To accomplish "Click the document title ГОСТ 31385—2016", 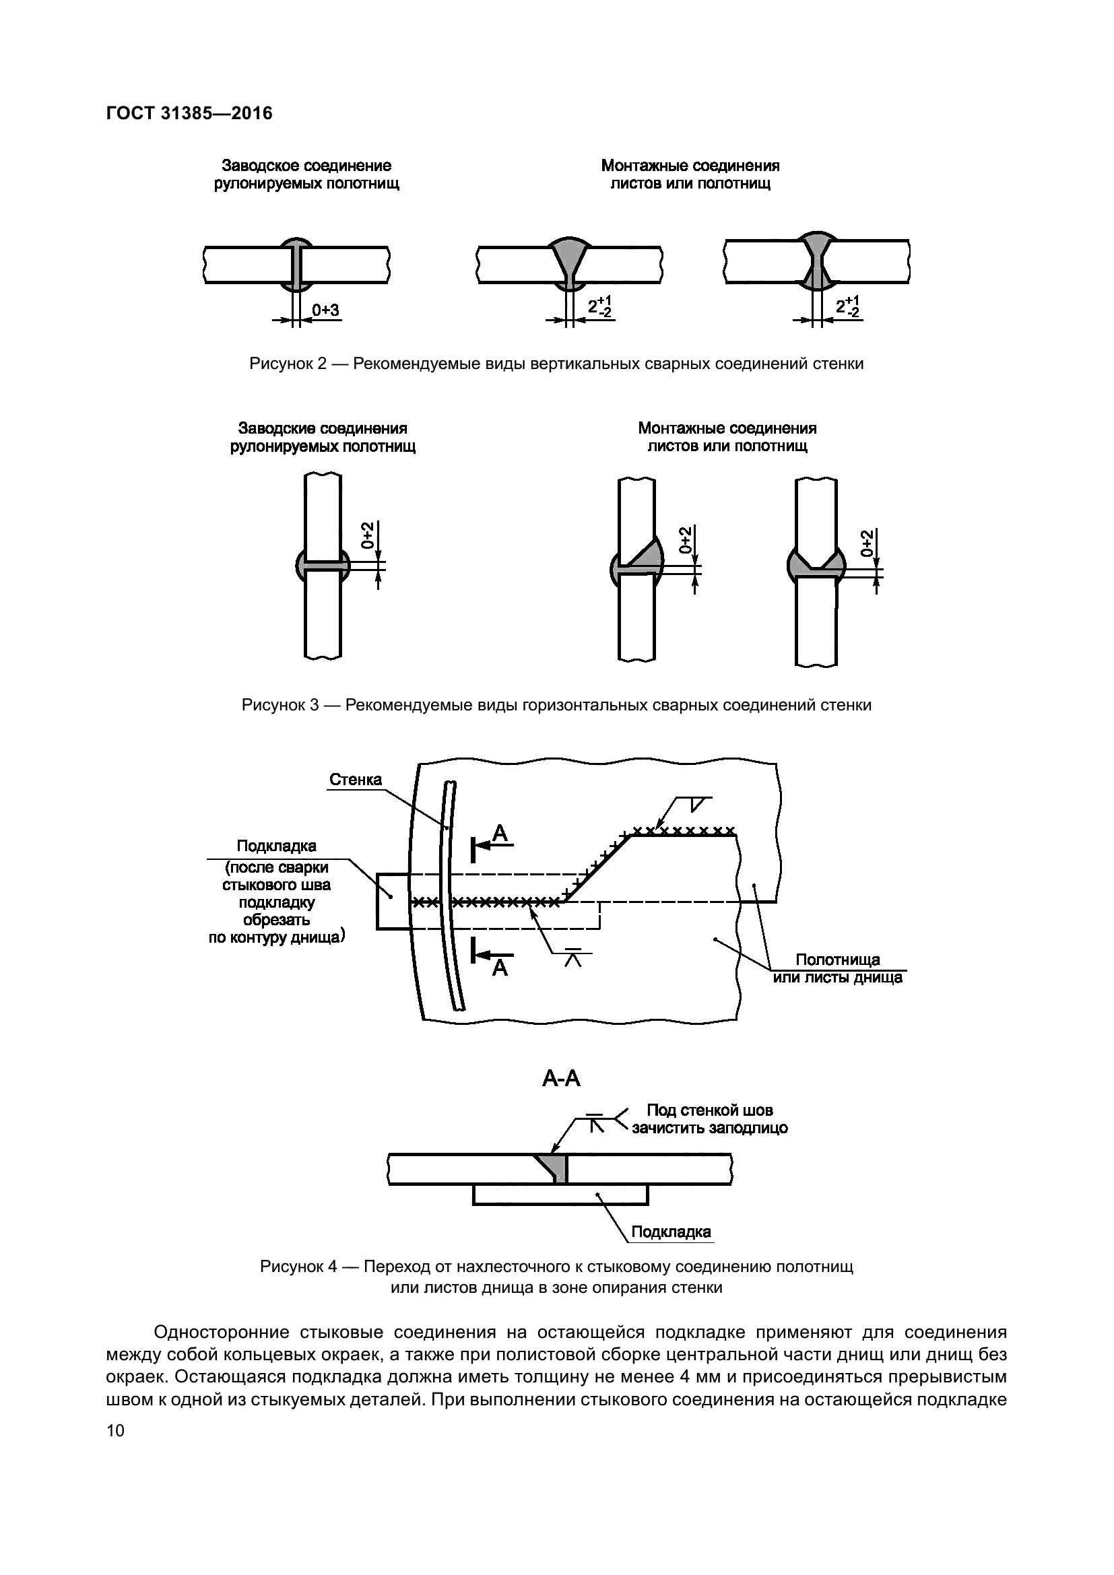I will (x=189, y=113).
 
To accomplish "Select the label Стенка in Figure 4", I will (x=356, y=779).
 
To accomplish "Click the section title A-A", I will (x=561, y=1079).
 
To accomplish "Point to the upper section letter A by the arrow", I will (x=500, y=834).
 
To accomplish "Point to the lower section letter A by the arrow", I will (x=500, y=968).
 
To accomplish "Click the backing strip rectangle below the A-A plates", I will (x=560, y=1195).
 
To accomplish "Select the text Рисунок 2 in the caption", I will (x=288, y=364).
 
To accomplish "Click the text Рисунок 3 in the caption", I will (x=281, y=705).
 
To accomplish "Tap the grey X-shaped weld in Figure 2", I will (x=816, y=261).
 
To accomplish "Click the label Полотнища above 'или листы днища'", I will (x=837, y=960).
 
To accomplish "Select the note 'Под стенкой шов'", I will (x=709, y=1110).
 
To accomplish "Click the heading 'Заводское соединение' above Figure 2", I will (x=306, y=166).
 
